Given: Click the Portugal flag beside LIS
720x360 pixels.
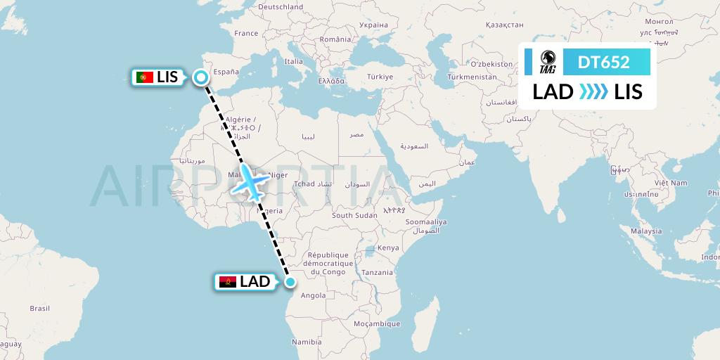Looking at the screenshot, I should (146, 77).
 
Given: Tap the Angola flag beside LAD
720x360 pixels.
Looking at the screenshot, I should (228, 282).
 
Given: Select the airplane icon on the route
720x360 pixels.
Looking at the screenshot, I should (251, 182).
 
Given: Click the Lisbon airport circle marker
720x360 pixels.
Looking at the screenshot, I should (202, 77).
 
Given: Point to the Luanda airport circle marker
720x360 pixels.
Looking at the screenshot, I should (290, 282).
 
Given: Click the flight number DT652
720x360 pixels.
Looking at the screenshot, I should (603, 63).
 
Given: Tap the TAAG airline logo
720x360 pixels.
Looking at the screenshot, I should (548, 62).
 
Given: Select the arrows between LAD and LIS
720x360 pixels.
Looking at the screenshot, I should (593, 91).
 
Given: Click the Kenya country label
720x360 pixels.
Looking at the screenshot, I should (387, 248).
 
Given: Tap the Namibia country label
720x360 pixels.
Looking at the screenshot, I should (307, 342).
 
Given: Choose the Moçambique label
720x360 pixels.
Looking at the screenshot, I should (377, 324).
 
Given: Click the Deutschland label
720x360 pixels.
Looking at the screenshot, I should (281, 7).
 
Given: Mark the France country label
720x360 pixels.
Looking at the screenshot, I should (246, 33).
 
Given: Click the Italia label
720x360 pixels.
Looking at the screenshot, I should (293, 62).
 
